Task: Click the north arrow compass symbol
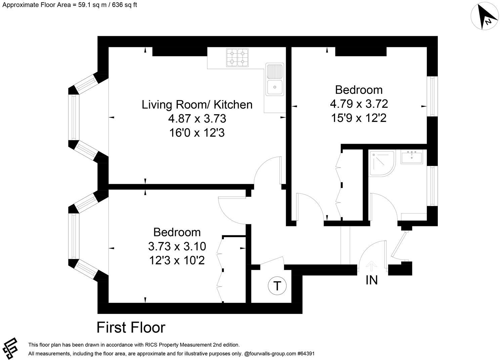485,16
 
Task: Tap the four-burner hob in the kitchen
237,58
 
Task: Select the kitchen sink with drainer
275,79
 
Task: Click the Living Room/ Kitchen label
197,105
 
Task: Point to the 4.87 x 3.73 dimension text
197,119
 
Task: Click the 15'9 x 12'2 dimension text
359,118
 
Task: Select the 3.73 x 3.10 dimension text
177,246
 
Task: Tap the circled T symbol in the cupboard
277,286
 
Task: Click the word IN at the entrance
371,280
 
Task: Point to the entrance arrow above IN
371,266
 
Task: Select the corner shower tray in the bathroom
382,164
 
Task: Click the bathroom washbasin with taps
412,157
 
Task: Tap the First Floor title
131,327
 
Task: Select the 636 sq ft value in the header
124,5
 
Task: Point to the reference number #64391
306,354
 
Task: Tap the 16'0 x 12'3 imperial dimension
197,133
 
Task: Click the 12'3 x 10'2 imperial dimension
177,260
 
